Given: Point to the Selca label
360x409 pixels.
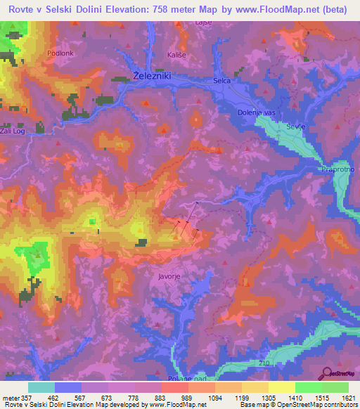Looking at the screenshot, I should pos(222,82).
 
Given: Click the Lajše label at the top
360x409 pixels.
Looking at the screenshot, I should pos(205,23).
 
